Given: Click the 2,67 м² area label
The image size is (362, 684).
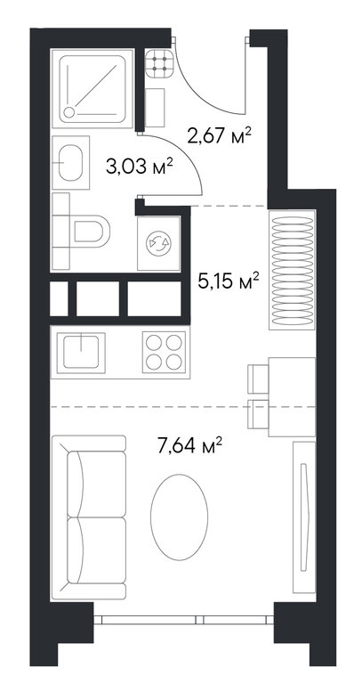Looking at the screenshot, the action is click(x=220, y=135).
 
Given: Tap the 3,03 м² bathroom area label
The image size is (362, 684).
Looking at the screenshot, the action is click(x=141, y=166).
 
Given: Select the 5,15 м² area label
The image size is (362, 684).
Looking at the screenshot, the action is click(x=229, y=281).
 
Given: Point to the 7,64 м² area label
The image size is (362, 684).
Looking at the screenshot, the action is click(x=191, y=445).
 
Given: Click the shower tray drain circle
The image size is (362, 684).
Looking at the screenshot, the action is click(x=68, y=112).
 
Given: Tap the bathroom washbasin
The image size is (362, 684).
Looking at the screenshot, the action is click(x=70, y=163).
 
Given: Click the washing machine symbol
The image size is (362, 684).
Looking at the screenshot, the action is click(x=159, y=243).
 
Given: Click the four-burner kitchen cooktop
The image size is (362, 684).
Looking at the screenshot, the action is click(x=164, y=352).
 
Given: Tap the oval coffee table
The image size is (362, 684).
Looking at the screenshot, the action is click(x=179, y=517).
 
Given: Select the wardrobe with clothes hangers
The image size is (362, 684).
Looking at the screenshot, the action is click(x=293, y=270).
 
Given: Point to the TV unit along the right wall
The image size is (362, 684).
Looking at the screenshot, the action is click(x=304, y=517).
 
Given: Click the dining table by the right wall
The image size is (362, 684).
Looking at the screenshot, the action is click(x=292, y=396).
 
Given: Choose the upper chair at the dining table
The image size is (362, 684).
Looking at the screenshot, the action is click(x=258, y=379).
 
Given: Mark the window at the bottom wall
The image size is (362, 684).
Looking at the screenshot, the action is click(x=183, y=620).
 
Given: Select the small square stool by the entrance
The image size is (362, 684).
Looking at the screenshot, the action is click(x=155, y=107).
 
